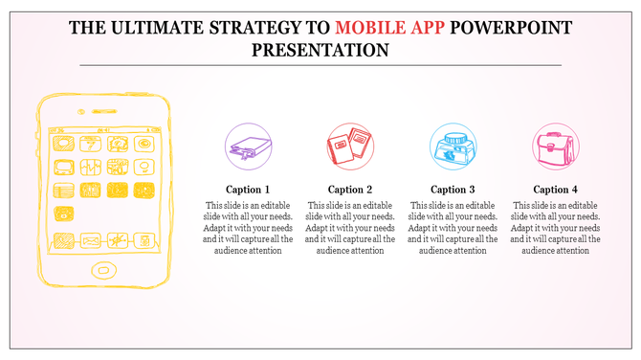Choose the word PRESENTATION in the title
320,49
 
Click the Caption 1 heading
248,189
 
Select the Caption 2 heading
350,189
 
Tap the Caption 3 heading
453,189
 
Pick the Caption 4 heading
556,189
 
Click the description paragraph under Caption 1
248,228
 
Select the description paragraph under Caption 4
556,228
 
